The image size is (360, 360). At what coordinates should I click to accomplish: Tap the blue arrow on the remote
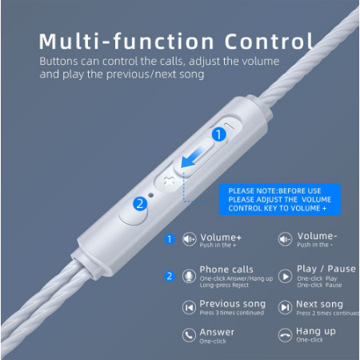pos(191,156)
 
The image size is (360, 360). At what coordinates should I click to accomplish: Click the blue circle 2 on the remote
pos(139,203)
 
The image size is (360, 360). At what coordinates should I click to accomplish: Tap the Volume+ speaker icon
pos(190,238)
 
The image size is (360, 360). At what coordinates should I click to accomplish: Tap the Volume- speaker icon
pos(284,238)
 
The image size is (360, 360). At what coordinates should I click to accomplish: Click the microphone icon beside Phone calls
pos(190,275)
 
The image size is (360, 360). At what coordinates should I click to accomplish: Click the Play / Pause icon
pos(284,275)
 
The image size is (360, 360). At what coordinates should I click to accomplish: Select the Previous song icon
pos(190,307)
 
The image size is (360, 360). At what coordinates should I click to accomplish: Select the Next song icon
pos(284,307)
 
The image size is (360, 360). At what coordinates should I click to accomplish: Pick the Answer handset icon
pos(190,335)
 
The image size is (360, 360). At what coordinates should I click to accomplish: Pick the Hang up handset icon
pos(284,335)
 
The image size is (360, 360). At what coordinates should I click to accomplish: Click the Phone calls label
pos(226,270)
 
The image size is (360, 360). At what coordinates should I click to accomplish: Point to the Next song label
pos(320,304)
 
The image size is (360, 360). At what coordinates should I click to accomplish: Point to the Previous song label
pos(231,304)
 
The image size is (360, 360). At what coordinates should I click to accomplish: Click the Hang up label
pos(316,331)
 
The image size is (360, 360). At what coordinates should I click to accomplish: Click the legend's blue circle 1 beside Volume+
pos(169,238)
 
